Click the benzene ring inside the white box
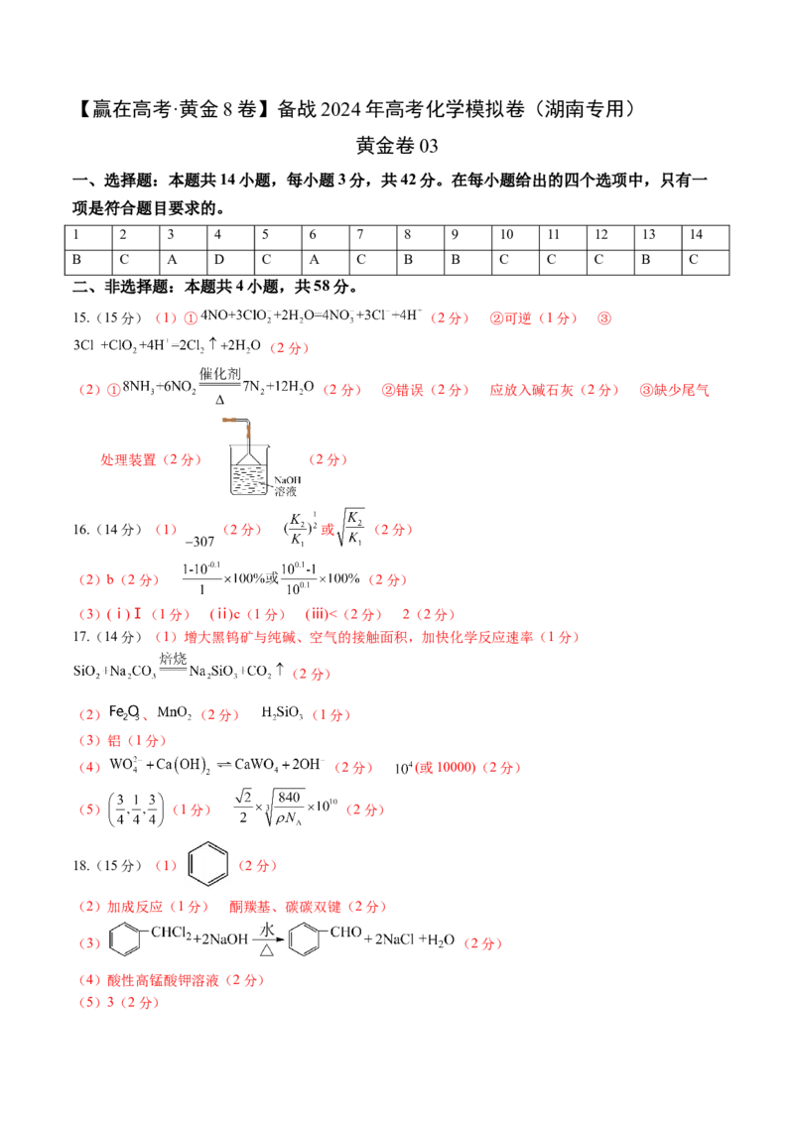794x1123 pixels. [x=210, y=865]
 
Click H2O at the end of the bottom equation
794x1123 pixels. [x=441, y=941]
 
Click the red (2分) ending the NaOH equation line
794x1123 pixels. [x=484, y=943]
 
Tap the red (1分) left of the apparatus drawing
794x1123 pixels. [x=184, y=460]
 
